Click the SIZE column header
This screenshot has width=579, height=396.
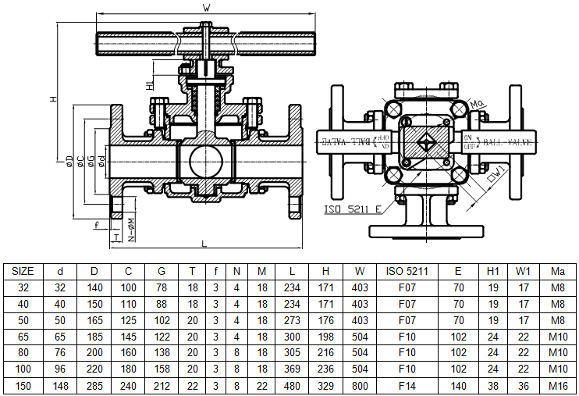coord(23,272)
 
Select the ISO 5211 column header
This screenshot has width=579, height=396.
coord(407,272)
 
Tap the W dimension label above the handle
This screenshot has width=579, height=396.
coord(206,7)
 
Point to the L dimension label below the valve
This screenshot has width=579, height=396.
coord(204,244)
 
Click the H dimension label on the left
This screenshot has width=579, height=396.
coord(53,99)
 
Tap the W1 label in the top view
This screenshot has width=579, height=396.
coord(499,169)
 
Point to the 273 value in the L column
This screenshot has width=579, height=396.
coord(291,319)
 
